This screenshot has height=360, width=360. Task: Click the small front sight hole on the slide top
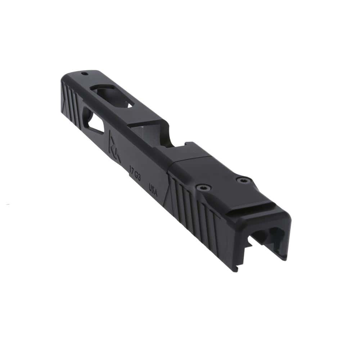[84, 73]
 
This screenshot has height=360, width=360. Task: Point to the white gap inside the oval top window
[129, 105]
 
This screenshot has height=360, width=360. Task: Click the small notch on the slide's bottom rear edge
[235, 268]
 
